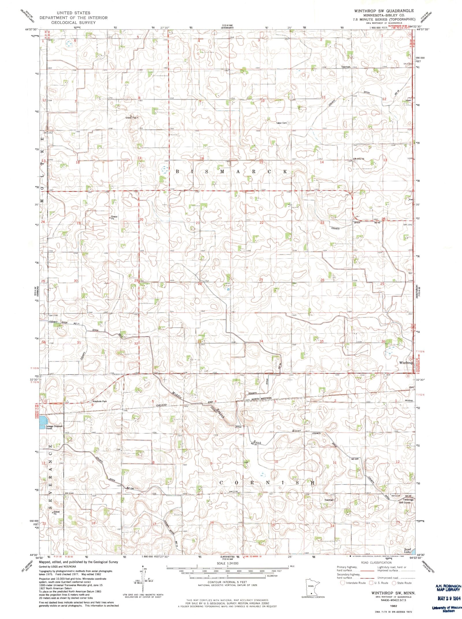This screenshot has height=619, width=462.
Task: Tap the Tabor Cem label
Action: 282,123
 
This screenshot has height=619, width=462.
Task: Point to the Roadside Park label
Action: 99,401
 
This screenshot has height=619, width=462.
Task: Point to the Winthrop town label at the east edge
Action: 406,363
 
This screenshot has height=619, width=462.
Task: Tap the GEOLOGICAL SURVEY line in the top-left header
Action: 73,23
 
